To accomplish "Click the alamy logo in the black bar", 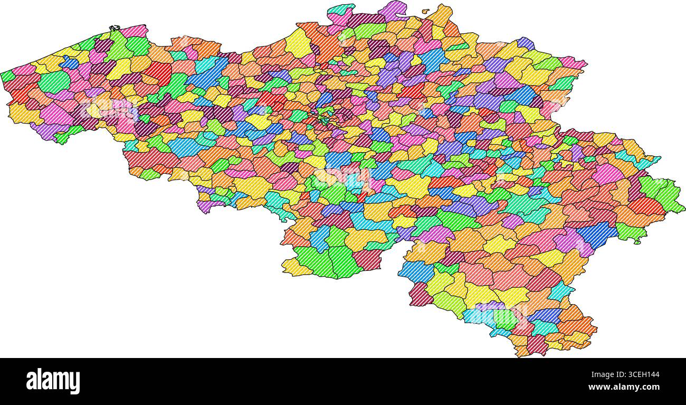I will coord(53,381).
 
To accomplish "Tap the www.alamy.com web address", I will coord(623,387).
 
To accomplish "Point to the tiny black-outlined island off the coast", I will coord(114,28).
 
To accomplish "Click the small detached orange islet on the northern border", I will coord(425,10).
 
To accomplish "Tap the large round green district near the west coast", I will coord(54,81).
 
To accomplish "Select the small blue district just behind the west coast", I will coord(69,63).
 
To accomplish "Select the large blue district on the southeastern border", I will coord(598,234).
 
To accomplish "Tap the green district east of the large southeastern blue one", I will coord(628,232).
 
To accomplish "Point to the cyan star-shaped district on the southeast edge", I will coord(560,291).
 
